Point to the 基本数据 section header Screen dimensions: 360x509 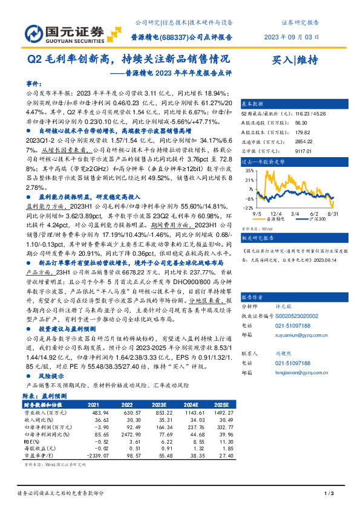pyautogui.click(x=253, y=103)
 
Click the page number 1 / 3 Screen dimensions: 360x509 pyautogui.click(x=329, y=494)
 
